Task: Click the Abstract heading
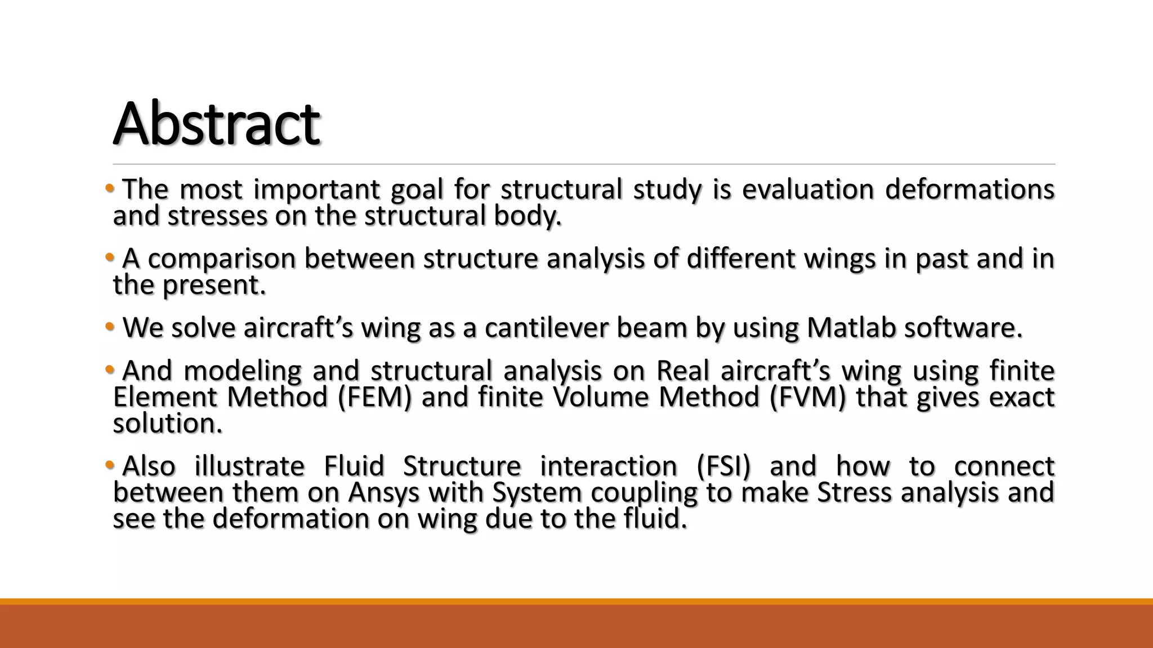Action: [x=217, y=124]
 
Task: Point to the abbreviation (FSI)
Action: [x=723, y=466]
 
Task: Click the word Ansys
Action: [x=384, y=493]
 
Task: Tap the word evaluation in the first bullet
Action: [x=807, y=190]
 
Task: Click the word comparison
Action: [x=222, y=259]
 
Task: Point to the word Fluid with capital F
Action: [x=354, y=466]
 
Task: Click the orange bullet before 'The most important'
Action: [x=109, y=188]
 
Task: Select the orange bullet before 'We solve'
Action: [x=109, y=326]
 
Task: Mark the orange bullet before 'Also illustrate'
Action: [x=109, y=465]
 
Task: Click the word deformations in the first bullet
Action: [x=969, y=190]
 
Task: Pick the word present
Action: [x=214, y=285]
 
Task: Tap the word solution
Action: [x=168, y=424]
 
